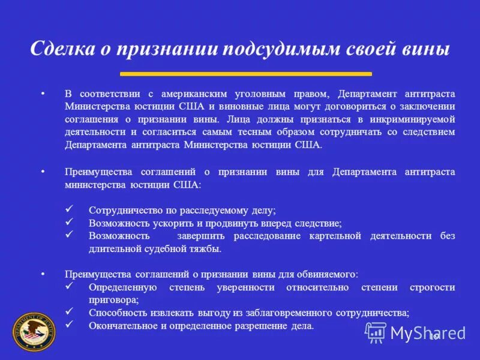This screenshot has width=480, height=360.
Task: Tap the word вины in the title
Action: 428,49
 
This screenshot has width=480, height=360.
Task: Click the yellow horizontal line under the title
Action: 245,74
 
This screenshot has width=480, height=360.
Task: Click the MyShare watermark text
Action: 427,332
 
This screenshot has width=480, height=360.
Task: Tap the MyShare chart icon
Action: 376,332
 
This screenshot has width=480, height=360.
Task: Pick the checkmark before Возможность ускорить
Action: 69,223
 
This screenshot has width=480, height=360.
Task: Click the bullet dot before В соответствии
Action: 43,94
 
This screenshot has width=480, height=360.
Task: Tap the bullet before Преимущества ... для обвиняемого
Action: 43,274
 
